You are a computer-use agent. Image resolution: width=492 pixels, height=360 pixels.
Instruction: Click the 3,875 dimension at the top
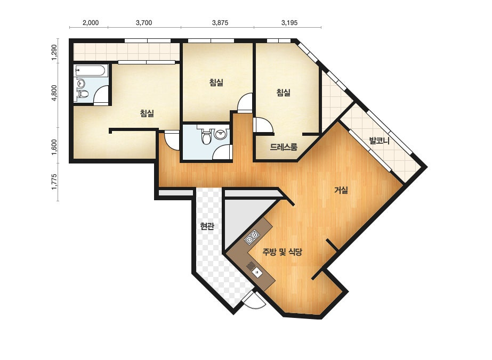click(220, 22)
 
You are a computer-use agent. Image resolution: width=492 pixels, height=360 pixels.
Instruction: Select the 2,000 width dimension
click(91, 22)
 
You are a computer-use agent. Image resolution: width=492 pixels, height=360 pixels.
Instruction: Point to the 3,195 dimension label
click(289, 22)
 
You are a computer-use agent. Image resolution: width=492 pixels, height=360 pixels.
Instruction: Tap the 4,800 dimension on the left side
click(54, 93)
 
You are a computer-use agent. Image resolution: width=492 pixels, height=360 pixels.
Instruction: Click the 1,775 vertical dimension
click(54, 182)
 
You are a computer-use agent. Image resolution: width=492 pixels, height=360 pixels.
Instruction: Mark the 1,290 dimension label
click(54, 52)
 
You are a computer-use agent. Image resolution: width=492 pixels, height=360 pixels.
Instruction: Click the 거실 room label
click(341, 190)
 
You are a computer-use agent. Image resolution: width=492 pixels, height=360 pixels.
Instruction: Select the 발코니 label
click(380, 141)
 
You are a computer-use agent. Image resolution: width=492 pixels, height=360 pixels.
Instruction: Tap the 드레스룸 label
click(284, 147)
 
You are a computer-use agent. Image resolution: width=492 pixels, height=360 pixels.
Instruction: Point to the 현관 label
click(207, 226)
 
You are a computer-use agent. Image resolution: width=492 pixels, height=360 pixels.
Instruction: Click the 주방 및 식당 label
click(283, 251)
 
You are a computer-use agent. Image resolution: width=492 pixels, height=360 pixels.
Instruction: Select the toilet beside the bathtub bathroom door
click(83, 93)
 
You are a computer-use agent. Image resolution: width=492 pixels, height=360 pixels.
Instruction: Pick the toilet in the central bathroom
click(206, 137)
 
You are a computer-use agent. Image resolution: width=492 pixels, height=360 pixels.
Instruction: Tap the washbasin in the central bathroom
click(221, 134)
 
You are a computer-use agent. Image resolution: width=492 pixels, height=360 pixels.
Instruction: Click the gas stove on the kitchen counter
click(252, 237)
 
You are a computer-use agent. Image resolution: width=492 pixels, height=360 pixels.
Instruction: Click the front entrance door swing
click(254, 300)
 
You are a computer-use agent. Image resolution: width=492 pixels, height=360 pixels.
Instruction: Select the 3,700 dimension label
click(144, 22)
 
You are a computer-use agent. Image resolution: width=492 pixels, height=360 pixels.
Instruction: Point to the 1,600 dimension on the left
click(54, 147)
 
